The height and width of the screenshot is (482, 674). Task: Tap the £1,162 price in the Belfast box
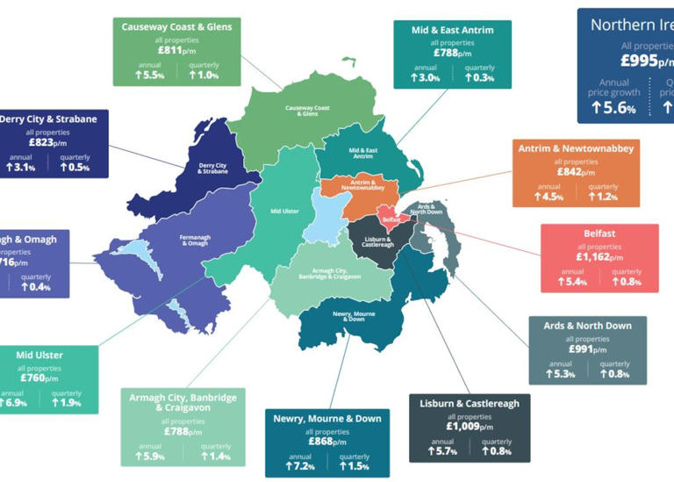(600, 257)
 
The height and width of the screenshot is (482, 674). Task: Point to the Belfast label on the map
(391, 219)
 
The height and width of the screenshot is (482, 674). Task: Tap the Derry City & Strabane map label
(212, 168)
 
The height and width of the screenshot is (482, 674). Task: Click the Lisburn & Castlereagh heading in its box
(470, 403)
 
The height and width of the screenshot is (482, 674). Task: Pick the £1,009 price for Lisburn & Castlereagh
(470, 428)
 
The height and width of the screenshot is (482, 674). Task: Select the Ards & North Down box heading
(587, 326)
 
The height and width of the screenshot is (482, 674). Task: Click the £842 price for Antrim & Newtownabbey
(576, 172)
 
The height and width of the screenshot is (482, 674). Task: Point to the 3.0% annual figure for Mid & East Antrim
(425, 78)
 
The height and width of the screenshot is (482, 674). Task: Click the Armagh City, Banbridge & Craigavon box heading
(183, 403)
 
